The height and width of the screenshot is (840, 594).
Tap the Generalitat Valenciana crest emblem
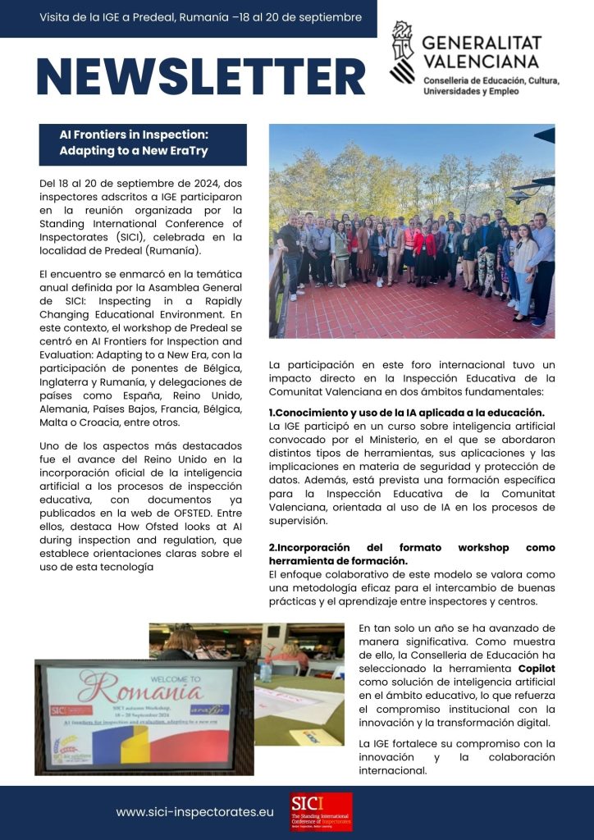(402, 52)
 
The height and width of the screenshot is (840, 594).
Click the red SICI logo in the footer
(321, 812)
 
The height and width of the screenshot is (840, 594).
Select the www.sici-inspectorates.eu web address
(194, 812)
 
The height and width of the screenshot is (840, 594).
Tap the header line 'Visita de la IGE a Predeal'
(200, 17)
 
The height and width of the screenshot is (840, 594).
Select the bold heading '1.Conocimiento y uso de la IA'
(406, 413)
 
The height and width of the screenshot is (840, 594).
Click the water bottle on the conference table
(265, 670)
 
